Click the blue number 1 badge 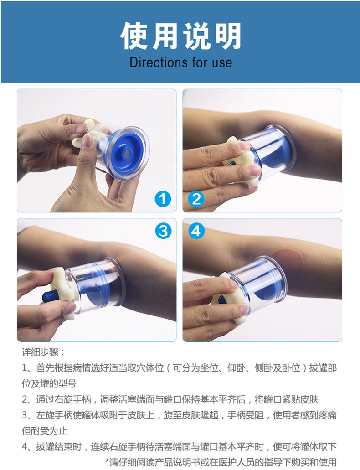coord(163,199)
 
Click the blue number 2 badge coord(196,199)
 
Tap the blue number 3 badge coord(163,231)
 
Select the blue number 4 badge coord(196,231)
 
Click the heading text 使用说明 coord(181,36)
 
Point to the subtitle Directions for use coord(181,62)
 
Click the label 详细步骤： coord(43,352)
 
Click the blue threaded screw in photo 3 coord(52,296)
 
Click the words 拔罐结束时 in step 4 coord(59,447)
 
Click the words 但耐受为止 coord(44,431)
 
